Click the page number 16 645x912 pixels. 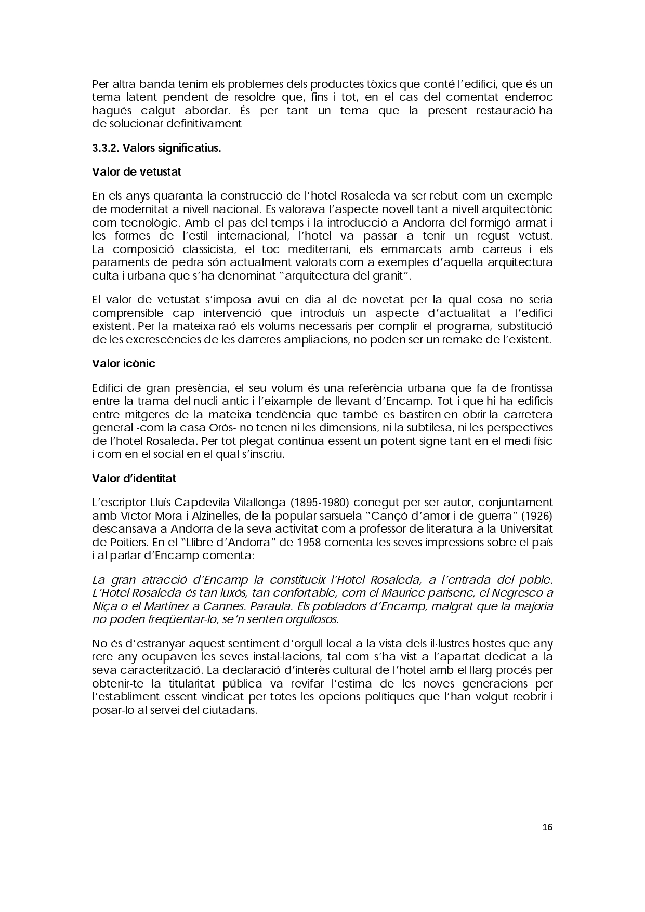click(x=547, y=827)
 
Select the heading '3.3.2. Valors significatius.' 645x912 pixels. click(x=156, y=148)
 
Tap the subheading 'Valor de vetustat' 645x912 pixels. click(x=136, y=171)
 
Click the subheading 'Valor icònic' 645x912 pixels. click(x=124, y=363)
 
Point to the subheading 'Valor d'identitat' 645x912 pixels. click(x=134, y=478)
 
